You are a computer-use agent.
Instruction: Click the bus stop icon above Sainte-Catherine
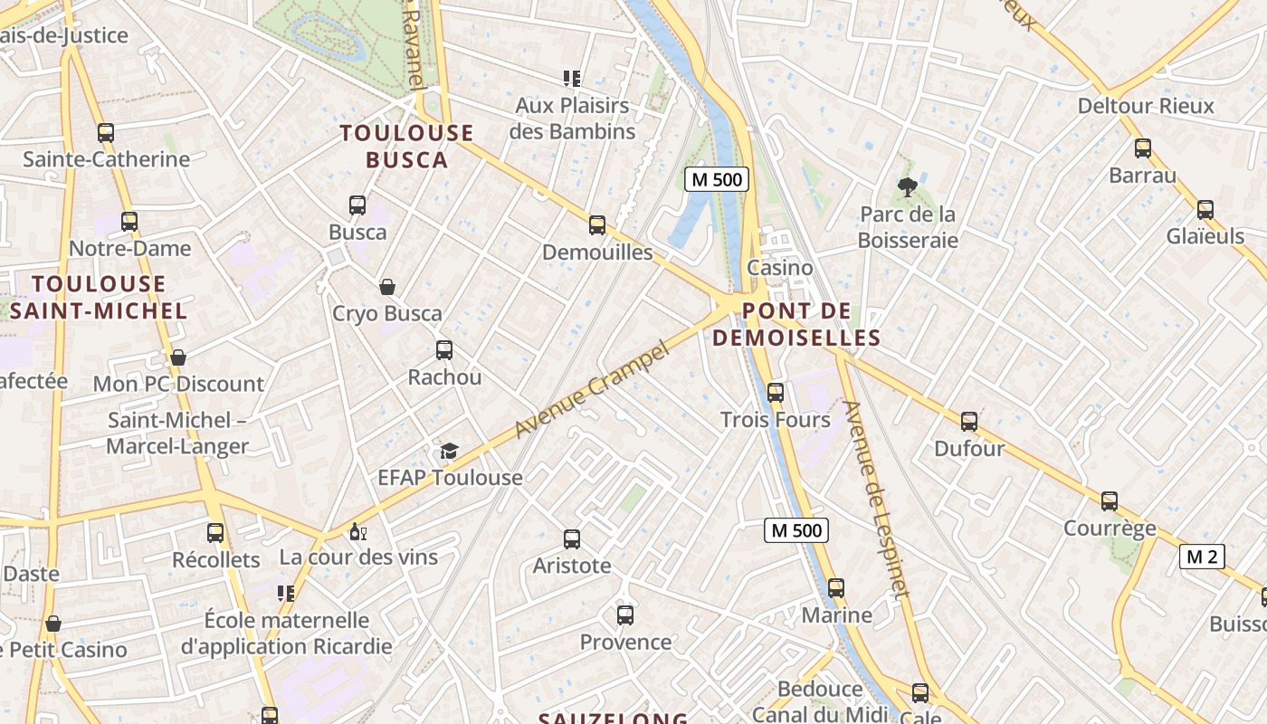106,133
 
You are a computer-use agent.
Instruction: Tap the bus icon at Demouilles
597,225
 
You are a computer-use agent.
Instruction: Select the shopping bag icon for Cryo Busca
387,288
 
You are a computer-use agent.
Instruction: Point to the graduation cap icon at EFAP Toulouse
450,451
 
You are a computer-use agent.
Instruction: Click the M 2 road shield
1202,557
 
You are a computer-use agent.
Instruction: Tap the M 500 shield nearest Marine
796,530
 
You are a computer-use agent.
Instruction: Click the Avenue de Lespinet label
875,499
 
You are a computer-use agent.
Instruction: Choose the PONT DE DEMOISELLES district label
796,325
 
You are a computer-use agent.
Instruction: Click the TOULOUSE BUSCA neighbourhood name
406,147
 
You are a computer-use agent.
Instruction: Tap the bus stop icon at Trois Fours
776,393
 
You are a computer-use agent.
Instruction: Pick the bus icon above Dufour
969,422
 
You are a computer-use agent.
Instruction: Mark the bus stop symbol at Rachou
444,350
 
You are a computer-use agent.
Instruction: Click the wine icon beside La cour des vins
357,531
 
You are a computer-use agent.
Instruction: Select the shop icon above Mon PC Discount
178,357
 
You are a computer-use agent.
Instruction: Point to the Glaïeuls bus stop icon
1205,210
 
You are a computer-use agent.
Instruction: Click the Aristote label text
572,567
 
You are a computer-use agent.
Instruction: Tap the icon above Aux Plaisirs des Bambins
571,79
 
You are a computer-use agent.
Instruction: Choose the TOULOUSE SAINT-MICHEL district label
99,297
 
